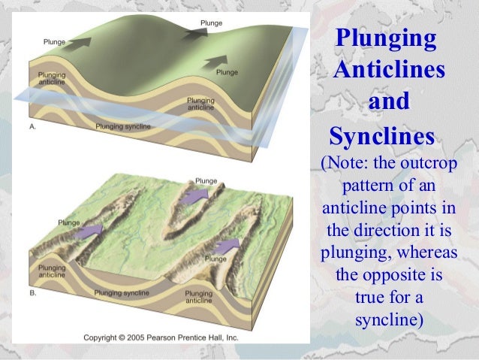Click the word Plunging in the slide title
pos(385,38)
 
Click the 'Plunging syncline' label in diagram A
pos(122,127)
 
